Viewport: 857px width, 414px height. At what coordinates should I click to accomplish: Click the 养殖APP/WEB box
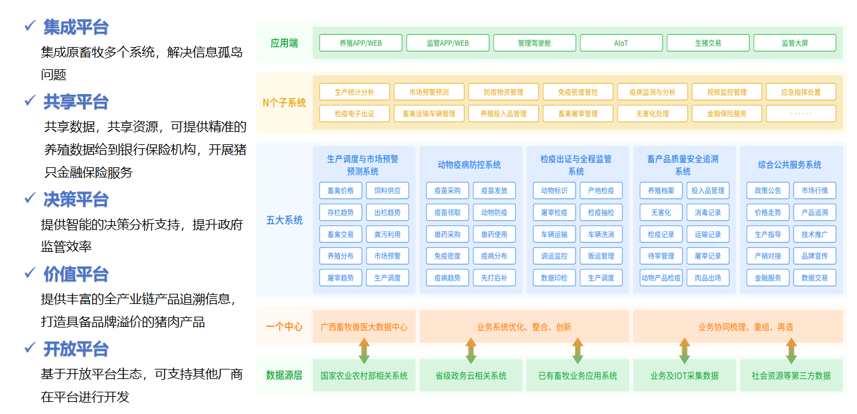click(x=361, y=43)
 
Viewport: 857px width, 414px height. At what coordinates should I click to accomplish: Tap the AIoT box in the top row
click(x=621, y=43)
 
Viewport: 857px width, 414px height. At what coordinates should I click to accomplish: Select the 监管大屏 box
click(x=795, y=43)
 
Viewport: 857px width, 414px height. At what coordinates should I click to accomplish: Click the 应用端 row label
click(x=284, y=43)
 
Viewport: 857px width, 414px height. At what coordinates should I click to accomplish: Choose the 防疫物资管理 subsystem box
click(x=503, y=92)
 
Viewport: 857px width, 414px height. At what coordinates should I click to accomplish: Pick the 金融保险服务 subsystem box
click(x=727, y=114)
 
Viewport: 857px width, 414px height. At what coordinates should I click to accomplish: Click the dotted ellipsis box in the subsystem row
click(x=801, y=114)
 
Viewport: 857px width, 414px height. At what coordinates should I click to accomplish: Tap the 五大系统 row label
click(x=284, y=220)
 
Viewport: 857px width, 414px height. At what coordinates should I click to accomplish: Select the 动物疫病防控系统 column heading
click(x=469, y=165)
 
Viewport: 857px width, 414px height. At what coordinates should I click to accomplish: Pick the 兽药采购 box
click(x=447, y=234)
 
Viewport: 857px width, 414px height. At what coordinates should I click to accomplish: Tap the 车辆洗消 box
click(x=601, y=234)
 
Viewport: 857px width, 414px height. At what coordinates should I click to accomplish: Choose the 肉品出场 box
click(x=708, y=278)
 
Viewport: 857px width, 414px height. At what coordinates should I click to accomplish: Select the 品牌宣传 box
click(x=814, y=256)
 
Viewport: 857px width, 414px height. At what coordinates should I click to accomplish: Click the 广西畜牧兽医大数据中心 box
click(x=364, y=327)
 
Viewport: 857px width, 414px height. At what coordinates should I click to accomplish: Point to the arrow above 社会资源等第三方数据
click(x=792, y=350)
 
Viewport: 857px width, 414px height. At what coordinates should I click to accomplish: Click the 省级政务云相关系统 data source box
click(x=471, y=375)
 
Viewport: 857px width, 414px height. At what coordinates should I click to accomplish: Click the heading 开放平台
click(x=76, y=349)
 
